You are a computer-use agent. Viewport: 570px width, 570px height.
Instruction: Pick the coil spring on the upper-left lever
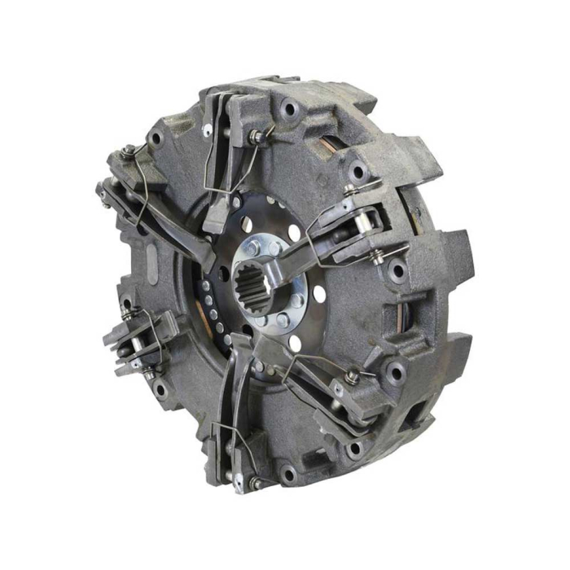coord(129,152)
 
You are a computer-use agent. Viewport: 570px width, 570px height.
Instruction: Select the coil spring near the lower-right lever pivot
coord(351,377)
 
